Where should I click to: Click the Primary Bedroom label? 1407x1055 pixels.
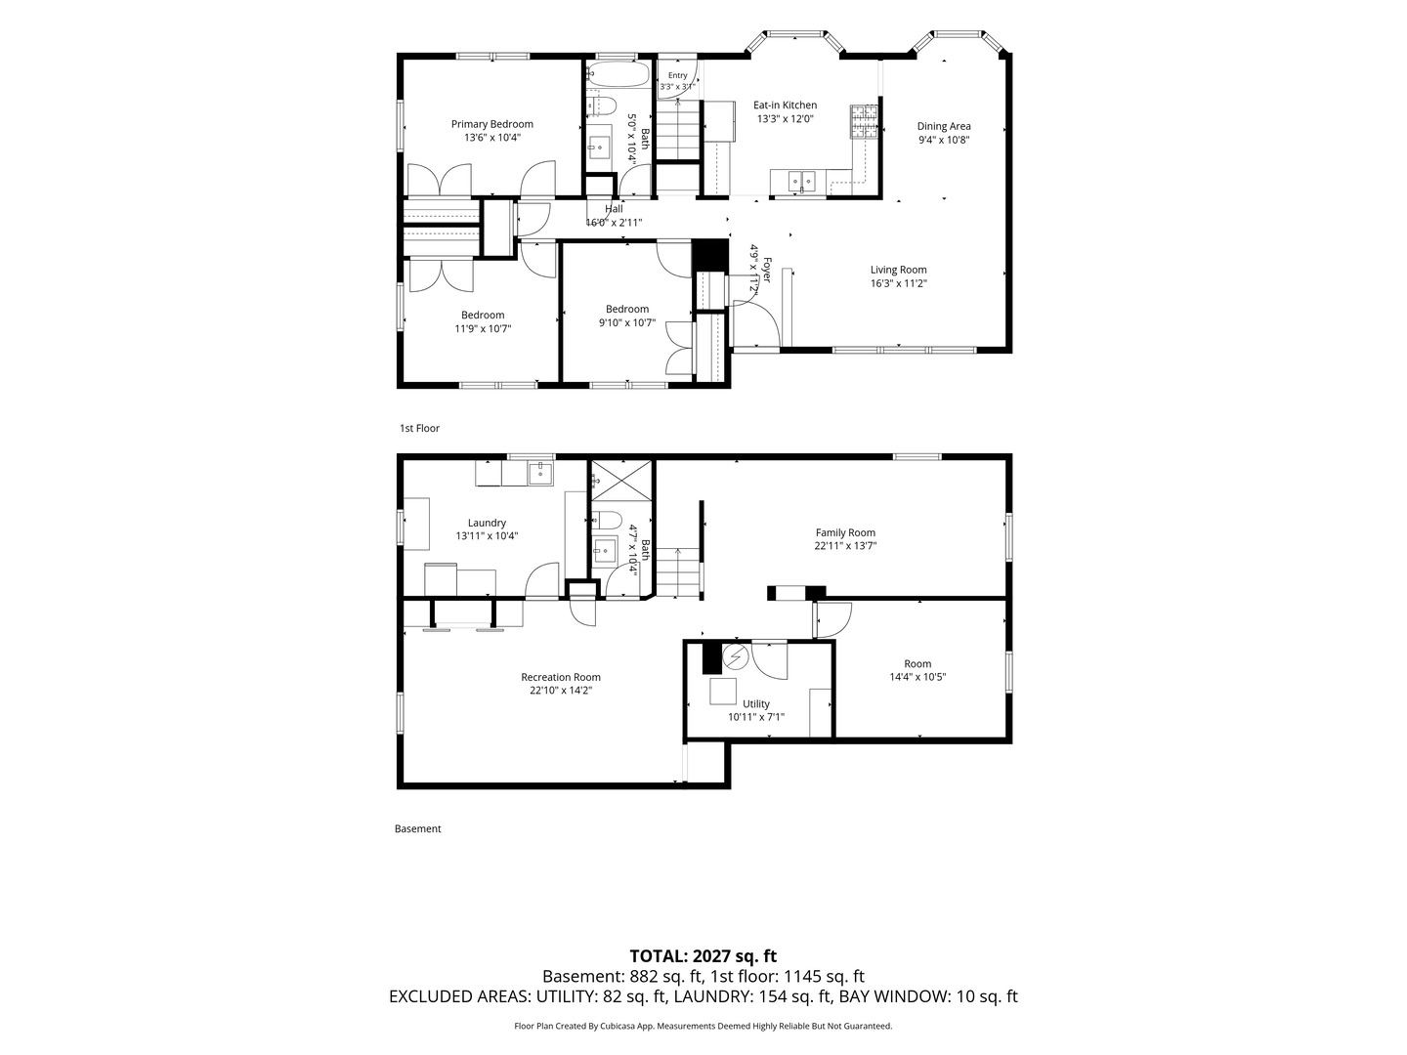(491, 124)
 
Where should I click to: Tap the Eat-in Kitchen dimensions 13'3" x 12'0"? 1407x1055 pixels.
(785, 118)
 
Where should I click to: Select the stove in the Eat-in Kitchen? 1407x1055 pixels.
(864, 122)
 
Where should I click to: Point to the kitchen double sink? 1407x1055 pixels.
(802, 181)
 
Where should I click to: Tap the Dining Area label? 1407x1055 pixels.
(944, 126)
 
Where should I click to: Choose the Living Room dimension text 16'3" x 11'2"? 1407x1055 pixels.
(898, 283)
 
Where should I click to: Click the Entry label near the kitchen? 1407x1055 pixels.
(677, 75)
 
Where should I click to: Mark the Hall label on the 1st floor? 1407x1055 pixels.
(614, 209)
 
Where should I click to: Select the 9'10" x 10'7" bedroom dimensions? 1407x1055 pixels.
(627, 322)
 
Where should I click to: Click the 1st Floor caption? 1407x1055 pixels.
(419, 428)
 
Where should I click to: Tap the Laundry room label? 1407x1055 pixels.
(487, 523)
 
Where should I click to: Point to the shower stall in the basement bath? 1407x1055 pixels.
(620, 480)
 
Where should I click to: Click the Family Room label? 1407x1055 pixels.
(845, 532)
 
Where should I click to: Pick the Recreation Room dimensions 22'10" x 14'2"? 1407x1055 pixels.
(560, 690)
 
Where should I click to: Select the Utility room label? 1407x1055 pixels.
(755, 703)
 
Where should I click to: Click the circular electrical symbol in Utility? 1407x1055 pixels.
(735, 655)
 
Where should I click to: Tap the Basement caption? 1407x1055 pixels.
(417, 828)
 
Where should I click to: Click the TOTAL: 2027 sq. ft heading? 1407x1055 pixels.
(703, 955)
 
